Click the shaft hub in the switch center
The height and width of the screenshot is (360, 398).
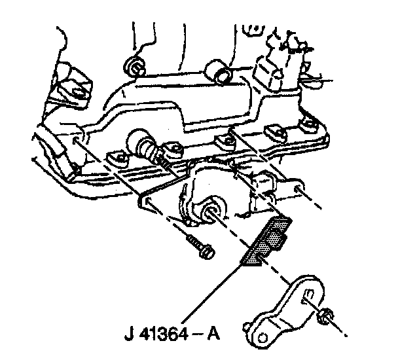[x=212, y=211]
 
